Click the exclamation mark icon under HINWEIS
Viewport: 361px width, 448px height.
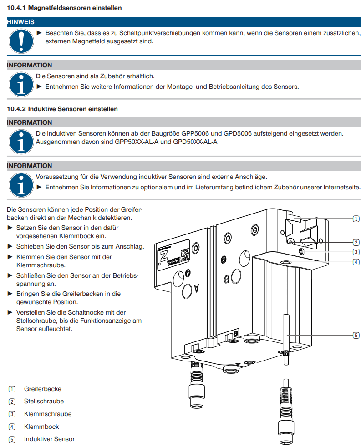pos(20,40)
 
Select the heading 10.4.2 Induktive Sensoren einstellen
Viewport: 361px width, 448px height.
pos(62,109)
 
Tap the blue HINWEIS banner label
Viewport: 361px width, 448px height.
pos(20,22)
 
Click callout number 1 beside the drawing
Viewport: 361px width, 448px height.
pos(356,219)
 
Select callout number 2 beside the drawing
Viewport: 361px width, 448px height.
pos(356,242)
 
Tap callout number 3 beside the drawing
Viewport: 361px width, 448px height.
pos(356,252)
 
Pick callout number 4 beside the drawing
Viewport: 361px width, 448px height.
pos(356,262)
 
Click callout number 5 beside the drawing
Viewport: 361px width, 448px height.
pos(356,336)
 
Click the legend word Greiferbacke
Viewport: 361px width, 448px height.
pos(42,389)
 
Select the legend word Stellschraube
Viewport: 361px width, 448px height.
pos(44,402)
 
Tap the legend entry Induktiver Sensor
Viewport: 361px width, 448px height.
pos(49,439)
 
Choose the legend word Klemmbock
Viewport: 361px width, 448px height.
pos(41,427)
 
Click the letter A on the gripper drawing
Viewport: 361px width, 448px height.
pos(197,288)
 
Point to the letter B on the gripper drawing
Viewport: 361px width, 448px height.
pos(226,278)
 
